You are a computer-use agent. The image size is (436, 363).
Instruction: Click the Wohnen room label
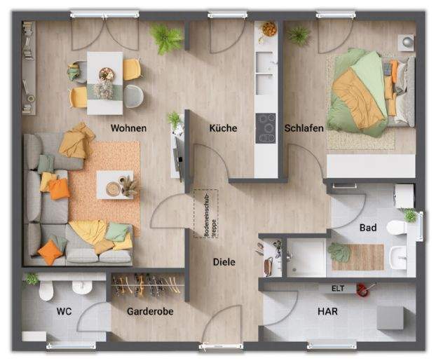(x=129, y=128)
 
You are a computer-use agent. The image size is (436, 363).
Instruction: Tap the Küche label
(x=223, y=128)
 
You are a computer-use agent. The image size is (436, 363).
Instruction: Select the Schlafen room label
(x=304, y=128)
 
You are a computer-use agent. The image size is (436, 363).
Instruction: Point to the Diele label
(x=224, y=262)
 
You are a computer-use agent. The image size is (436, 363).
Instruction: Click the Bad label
(x=368, y=228)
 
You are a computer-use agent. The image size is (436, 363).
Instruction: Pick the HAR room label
(x=327, y=310)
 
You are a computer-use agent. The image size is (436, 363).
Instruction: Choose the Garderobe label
(x=150, y=310)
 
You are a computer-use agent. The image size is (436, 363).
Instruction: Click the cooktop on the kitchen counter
(x=266, y=127)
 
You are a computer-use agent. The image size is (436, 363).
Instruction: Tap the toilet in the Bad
(x=397, y=226)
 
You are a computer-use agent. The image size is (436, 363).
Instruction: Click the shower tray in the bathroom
(x=306, y=257)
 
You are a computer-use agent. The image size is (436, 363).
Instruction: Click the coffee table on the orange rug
(x=114, y=185)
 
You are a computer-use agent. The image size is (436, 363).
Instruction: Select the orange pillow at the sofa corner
(x=50, y=252)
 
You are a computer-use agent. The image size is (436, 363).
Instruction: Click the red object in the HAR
(x=362, y=287)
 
